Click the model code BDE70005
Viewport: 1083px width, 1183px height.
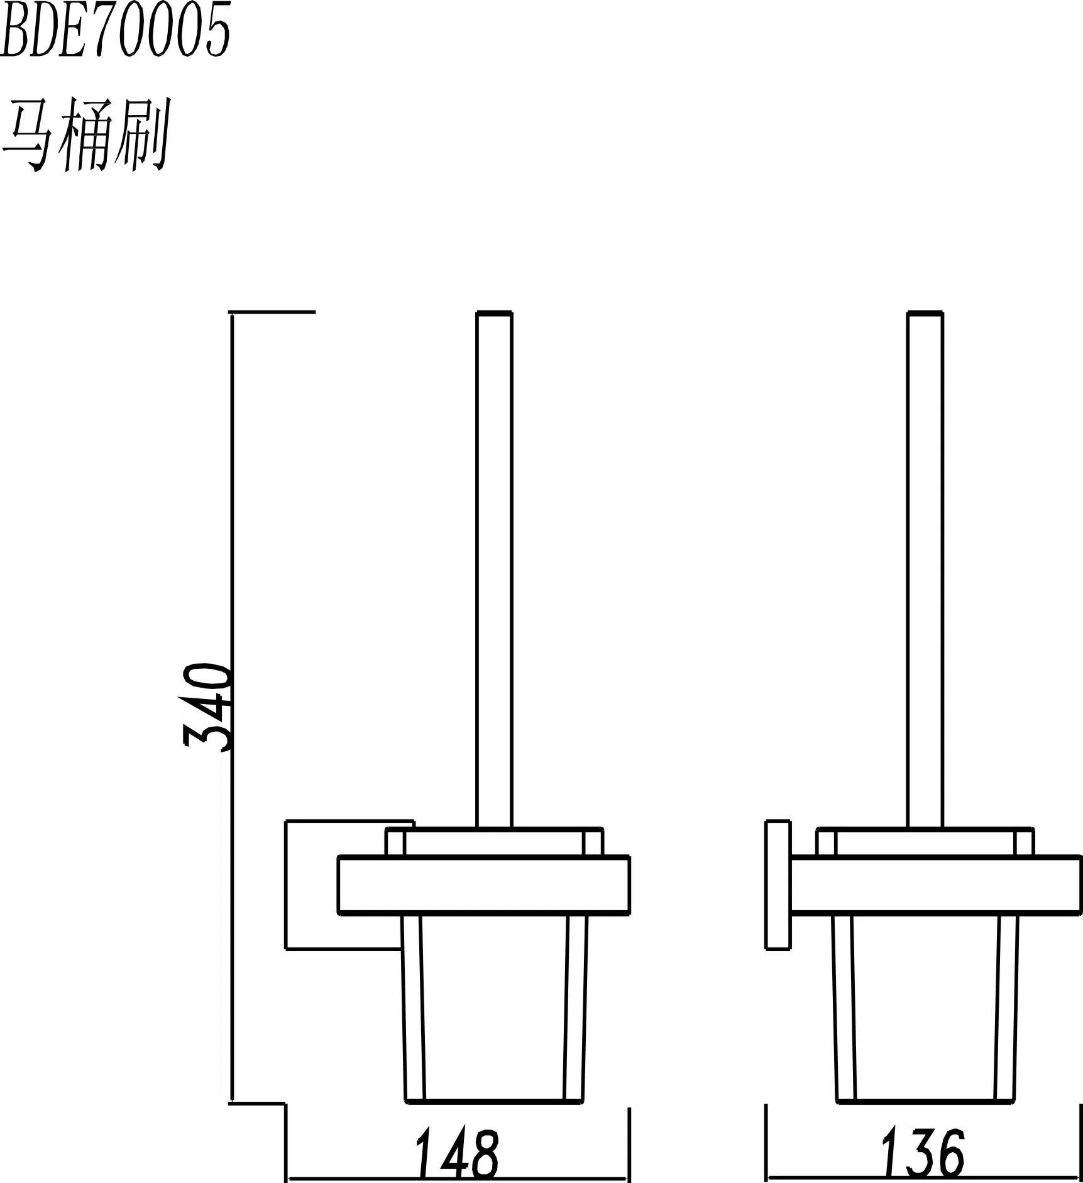[115, 29]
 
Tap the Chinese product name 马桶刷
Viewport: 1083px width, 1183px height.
[86, 134]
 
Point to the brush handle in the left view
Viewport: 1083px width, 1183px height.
[494, 569]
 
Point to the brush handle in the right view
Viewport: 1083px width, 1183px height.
[925, 569]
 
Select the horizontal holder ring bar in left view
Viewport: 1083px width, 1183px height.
[483, 884]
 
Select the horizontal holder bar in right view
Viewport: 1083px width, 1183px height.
[937, 884]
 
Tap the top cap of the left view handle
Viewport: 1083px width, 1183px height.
[494, 313]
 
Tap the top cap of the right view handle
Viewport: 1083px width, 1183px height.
[925, 313]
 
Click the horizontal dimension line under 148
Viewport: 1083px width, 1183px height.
[458, 1176]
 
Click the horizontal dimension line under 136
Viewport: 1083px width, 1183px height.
[924, 1176]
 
